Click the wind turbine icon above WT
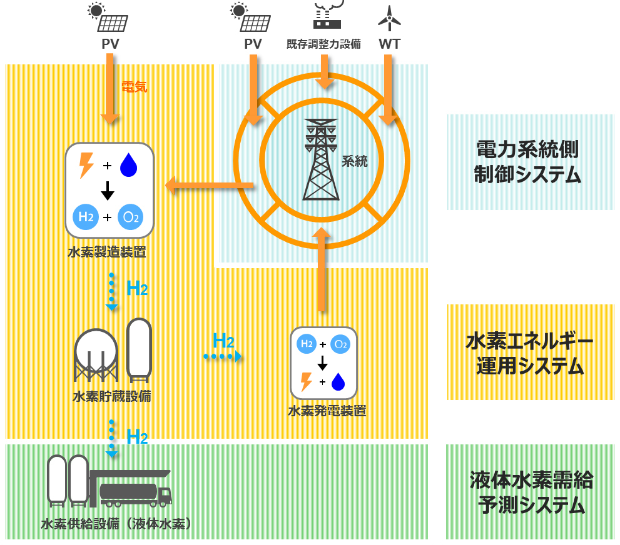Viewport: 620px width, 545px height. (x=389, y=18)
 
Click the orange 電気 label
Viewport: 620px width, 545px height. (x=134, y=87)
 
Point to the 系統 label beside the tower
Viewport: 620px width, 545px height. (x=354, y=161)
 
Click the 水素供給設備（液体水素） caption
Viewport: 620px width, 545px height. (x=116, y=524)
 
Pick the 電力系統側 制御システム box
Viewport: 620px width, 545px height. (x=530, y=162)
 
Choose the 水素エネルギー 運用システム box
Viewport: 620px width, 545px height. (x=530, y=352)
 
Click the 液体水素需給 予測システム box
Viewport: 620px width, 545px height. (x=530, y=492)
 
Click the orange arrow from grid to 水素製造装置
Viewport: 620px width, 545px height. (x=209, y=186)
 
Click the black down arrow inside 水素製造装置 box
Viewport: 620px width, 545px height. (x=108, y=190)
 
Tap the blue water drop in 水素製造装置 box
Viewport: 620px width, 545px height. (x=129, y=166)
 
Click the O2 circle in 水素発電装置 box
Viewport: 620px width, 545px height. (x=341, y=344)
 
